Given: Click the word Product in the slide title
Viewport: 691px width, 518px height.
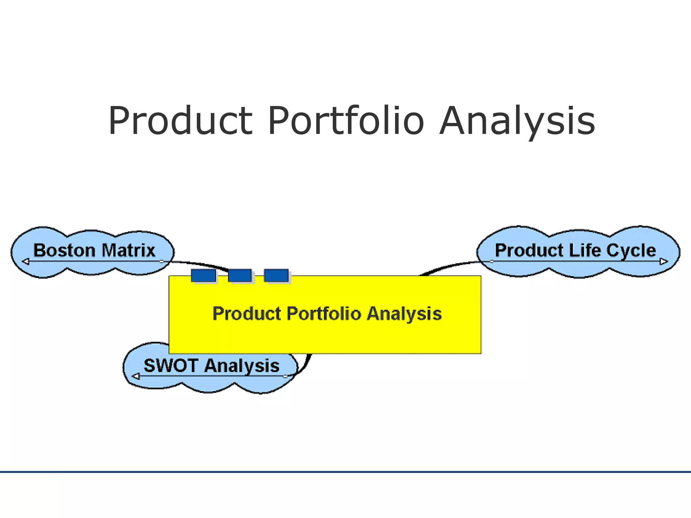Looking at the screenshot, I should coord(180,121).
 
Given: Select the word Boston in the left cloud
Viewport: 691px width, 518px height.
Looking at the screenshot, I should coord(64,251).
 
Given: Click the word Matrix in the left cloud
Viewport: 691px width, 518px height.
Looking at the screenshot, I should coord(128,251).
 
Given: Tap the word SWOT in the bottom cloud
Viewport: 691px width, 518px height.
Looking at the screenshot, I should coord(171,366).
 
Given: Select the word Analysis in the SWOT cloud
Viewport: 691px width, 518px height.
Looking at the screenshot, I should coord(242,366).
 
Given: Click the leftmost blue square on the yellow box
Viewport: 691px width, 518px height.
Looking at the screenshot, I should coord(203,276).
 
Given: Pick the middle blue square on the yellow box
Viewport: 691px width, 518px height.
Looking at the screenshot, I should coord(240,276).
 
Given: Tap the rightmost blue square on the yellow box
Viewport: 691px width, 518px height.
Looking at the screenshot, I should coord(276,276).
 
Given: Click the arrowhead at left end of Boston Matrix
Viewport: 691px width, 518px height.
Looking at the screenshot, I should coord(26,261).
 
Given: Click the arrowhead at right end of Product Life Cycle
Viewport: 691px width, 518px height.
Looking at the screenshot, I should coord(663,261).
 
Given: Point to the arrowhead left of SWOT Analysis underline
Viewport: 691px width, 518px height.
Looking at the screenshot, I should coord(136,376).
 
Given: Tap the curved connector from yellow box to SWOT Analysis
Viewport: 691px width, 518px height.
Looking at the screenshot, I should coord(306,364).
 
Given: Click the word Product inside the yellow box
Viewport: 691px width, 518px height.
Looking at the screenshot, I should coord(247,314).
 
